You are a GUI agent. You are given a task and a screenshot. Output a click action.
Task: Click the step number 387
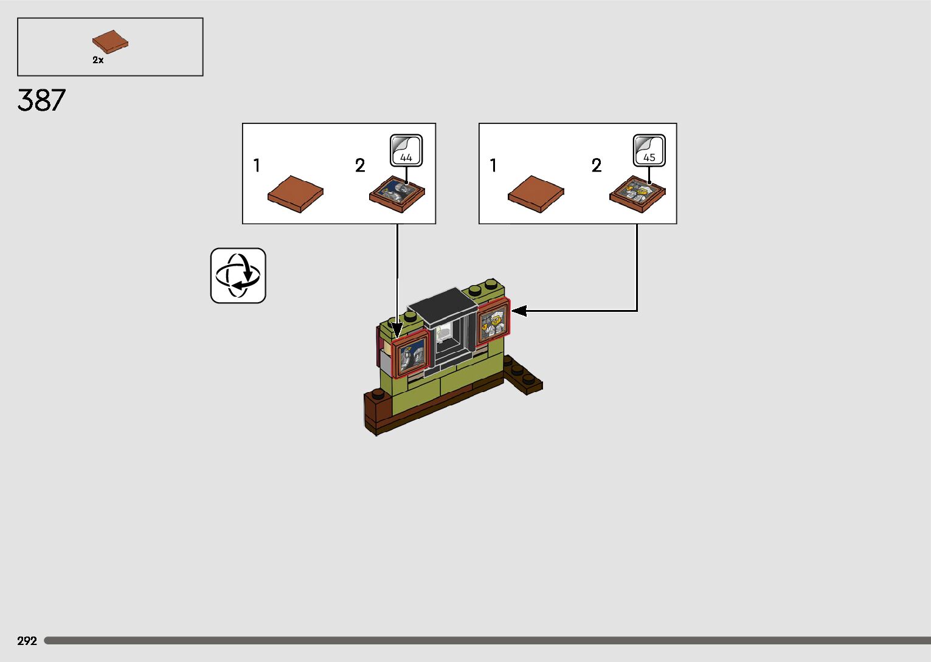pyautogui.click(x=41, y=100)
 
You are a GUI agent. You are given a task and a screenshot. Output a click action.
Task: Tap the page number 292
pyautogui.click(x=27, y=641)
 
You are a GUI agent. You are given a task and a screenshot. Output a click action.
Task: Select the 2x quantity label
pyautogui.click(x=98, y=60)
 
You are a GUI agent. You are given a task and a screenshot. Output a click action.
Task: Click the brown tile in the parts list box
pyautogui.click(x=110, y=41)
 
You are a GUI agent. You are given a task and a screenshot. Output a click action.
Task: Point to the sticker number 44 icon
pyautogui.click(x=406, y=151)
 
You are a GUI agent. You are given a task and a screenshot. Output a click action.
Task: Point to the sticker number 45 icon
pyautogui.click(x=649, y=151)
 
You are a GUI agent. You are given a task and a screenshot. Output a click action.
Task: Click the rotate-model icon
pyautogui.click(x=238, y=275)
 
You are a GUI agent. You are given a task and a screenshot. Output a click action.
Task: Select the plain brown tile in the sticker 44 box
pyautogui.click(x=296, y=194)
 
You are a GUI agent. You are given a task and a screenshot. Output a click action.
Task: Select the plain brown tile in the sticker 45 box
pyautogui.click(x=536, y=194)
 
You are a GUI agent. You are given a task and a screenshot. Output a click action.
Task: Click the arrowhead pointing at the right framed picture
pyautogui.click(x=519, y=311)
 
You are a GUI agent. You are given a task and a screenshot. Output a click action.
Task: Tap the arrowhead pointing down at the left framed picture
pyautogui.click(x=397, y=331)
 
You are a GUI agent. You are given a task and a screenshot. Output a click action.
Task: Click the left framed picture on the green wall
pyautogui.click(x=411, y=356)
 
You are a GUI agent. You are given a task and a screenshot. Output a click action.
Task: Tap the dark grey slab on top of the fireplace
pyautogui.click(x=442, y=306)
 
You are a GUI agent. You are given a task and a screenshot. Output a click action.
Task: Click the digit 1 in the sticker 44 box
pyautogui.click(x=257, y=165)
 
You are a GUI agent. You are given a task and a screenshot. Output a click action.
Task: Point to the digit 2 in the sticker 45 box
pyautogui.click(x=597, y=165)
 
